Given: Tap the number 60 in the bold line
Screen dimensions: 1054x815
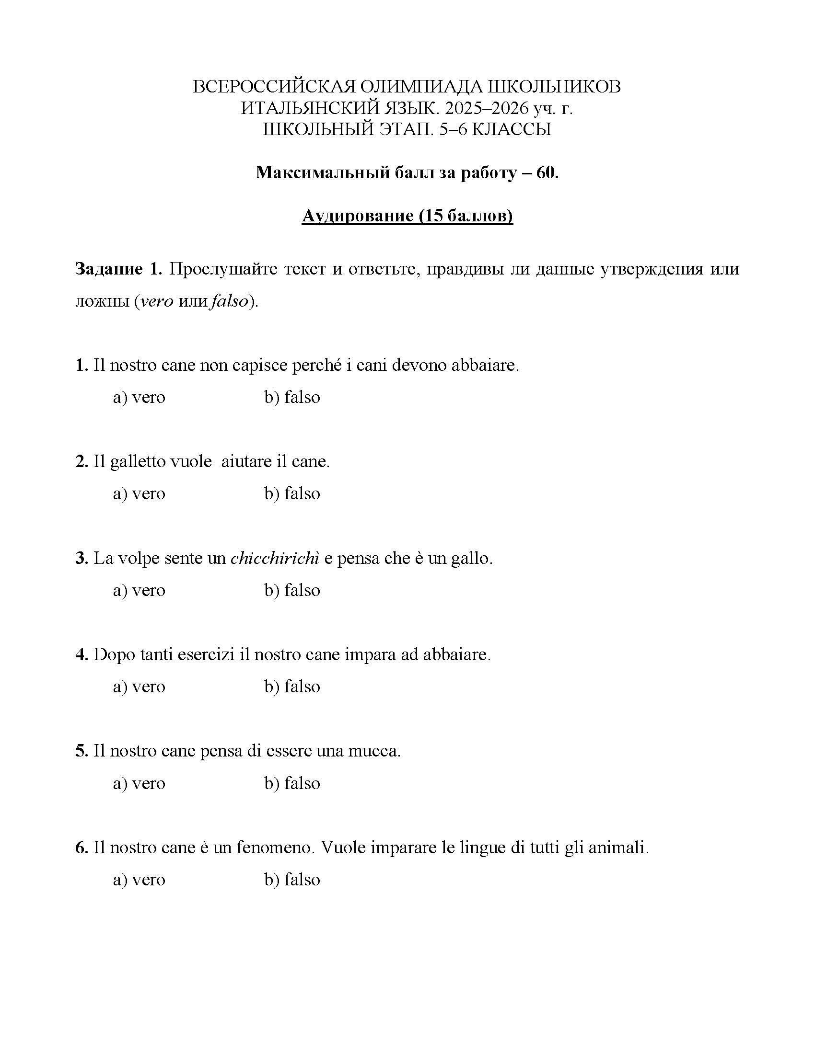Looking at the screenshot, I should tap(546, 172).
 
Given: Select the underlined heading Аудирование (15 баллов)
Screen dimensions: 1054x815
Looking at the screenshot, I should tap(407, 216).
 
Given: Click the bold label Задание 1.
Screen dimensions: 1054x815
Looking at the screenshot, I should tap(118, 269).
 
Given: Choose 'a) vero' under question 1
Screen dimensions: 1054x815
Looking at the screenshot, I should tap(139, 397).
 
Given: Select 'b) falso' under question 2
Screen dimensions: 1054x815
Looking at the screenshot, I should tap(292, 493).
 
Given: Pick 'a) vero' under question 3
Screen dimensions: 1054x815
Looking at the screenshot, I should tap(139, 590).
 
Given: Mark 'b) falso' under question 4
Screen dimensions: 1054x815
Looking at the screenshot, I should tap(292, 687).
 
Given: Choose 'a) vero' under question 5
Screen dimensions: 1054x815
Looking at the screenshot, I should tap(139, 783).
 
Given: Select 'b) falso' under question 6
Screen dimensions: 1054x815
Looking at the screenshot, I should tap(292, 880).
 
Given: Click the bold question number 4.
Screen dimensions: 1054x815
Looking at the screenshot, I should tap(81, 655).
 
